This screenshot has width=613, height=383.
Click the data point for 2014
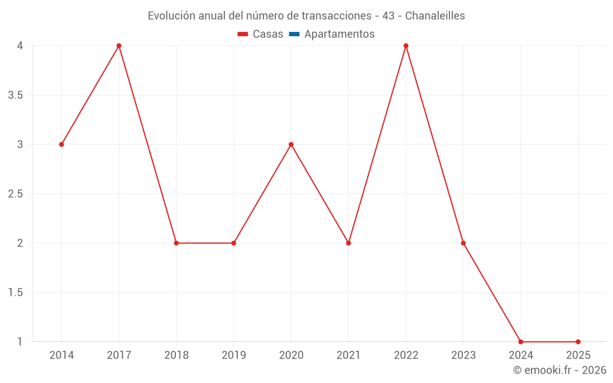pyautogui.click(x=61, y=145)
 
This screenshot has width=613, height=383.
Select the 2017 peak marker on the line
pyautogui.click(x=119, y=46)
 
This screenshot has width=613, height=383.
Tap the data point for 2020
pyautogui.click(x=291, y=145)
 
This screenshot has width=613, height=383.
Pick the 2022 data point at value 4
pyautogui.click(x=406, y=46)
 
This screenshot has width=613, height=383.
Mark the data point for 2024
pyautogui.click(x=520, y=342)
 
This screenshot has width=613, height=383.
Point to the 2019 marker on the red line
pyautogui.click(x=234, y=243)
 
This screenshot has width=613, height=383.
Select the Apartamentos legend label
pyautogui.click(x=339, y=34)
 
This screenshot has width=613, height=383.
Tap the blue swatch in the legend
pyautogui.click(x=294, y=34)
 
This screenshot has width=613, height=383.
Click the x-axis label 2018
pyautogui.click(x=176, y=355)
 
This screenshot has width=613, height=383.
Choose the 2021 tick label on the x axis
pyautogui.click(x=348, y=355)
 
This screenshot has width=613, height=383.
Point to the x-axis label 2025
pyautogui.click(x=578, y=355)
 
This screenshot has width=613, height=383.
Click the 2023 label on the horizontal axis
pyautogui.click(x=463, y=355)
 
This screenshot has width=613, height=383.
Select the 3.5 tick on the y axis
pyautogui.click(x=16, y=95)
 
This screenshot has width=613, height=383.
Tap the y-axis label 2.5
pyautogui.click(x=16, y=194)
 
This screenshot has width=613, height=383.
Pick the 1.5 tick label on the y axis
pyautogui.click(x=16, y=292)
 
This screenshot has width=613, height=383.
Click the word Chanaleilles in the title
pyautogui.click(x=435, y=16)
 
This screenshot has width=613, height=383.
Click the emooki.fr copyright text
pyautogui.click(x=560, y=370)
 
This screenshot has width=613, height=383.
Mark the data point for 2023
pyautogui.click(x=463, y=243)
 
